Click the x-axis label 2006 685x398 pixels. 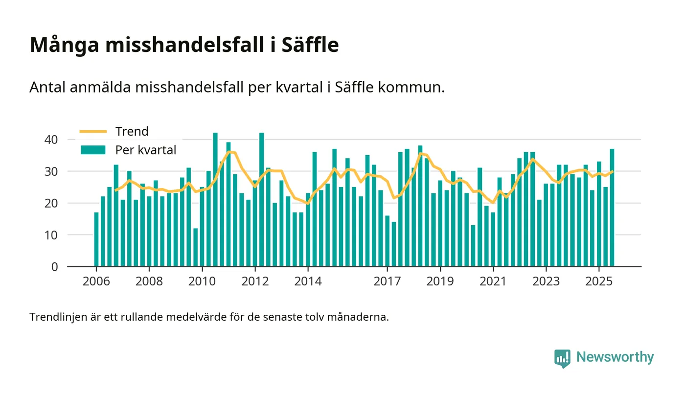coord(96,282)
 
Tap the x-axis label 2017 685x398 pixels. coord(387,282)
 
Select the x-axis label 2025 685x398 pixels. coord(599,282)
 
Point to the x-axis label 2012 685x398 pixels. coord(255,282)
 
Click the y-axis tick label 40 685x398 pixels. coord(51,140)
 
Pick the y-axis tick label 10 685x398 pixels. coord(51,235)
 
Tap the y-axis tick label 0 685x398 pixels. coord(54,267)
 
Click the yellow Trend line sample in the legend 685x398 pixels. coord(93,131)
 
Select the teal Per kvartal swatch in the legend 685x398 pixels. coord(93,150)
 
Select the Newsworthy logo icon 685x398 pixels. coord(562,358)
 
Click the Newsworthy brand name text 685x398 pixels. coord(615,357)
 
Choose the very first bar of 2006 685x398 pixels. coord(96,239)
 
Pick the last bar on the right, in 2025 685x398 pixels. coord(612,208)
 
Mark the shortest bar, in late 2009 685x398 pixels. coord(196,247)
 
